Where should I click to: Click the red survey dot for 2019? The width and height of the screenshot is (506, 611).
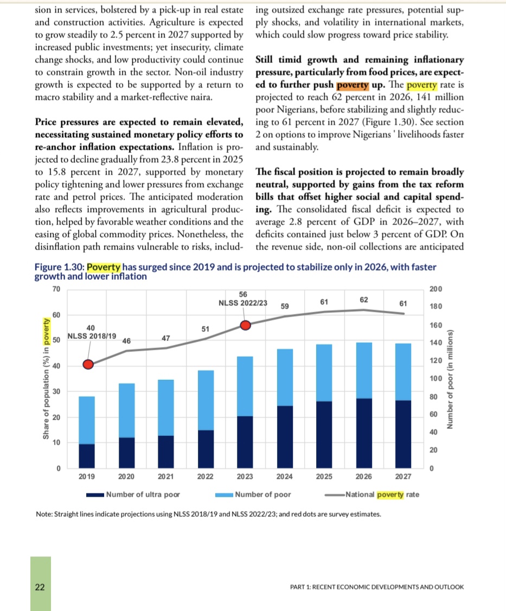tap(88, 364)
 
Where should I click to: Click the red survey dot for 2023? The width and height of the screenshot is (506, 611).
tap(245, 325)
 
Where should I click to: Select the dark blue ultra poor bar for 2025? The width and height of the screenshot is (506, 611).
tap(324, 434)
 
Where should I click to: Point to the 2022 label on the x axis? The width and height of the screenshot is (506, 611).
tap(205, 477)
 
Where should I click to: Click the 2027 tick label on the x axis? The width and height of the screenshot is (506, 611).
tap(403, 477)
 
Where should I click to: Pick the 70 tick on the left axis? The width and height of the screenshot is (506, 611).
tap(56, 288)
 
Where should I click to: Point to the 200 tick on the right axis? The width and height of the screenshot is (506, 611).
tap(435, 288)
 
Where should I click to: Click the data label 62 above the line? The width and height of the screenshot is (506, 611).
tap(364, 299)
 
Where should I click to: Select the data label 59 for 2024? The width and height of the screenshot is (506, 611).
tap(284, 306)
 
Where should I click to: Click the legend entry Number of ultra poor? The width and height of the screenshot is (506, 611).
tap(133, 494)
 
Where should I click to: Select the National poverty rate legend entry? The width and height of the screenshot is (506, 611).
tap(373, 494)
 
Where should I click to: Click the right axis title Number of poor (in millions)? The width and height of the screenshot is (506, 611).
tap(450, 378)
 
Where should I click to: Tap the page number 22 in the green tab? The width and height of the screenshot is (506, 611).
tap(40, 587)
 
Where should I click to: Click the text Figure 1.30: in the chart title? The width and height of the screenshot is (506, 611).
tap(60, 267)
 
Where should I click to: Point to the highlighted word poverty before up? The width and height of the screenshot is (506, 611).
tap(353, 86)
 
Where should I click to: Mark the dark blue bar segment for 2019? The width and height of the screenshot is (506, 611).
tap(87, 456)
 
